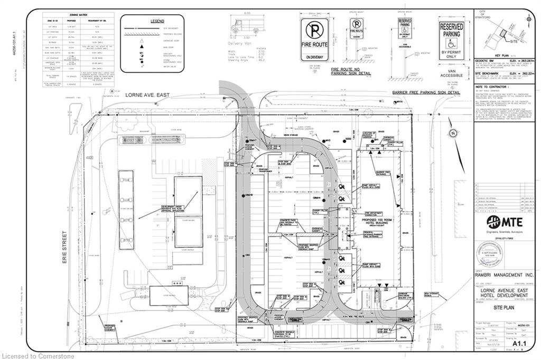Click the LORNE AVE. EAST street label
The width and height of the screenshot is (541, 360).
coord(147,95)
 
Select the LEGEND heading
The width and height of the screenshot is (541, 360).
coord(157,20)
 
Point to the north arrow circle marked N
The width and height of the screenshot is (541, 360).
coord(452,134)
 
